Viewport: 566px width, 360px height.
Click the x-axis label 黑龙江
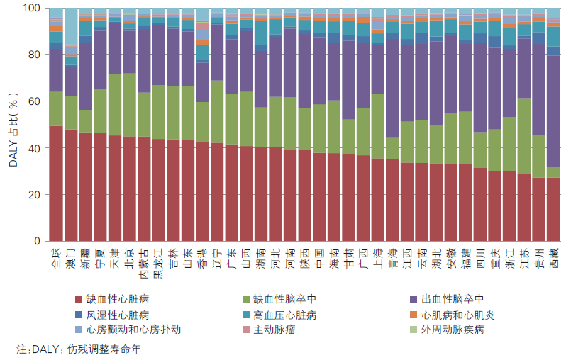(158, 263)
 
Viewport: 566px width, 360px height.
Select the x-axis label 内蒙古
(144, 263)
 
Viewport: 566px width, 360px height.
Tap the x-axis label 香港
(202, 257)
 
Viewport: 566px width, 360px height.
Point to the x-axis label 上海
(377, 257)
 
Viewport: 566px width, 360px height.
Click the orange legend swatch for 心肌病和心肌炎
(414, 315)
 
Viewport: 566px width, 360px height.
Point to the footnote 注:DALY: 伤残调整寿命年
(79, 349)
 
